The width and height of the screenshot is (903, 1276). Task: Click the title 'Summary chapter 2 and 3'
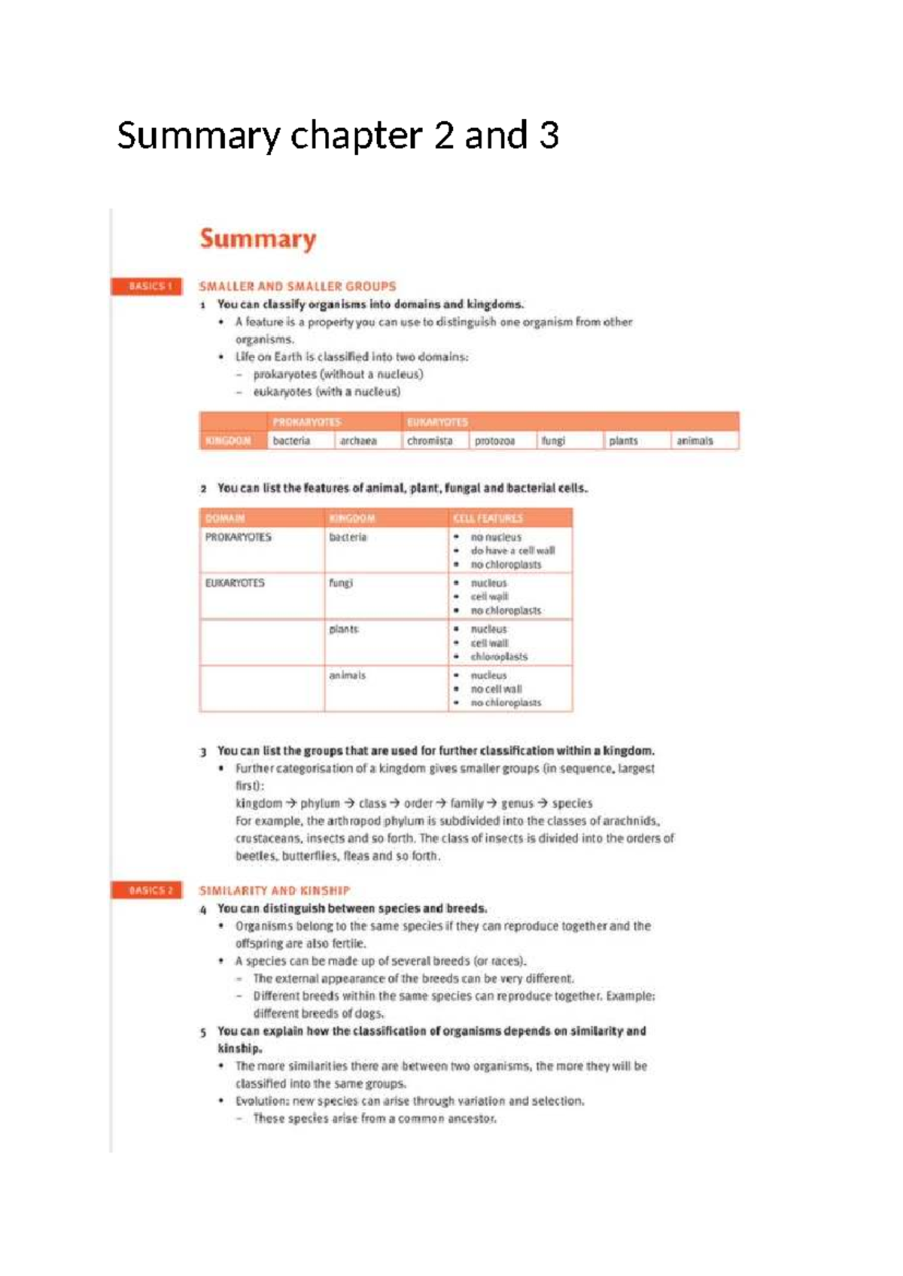tap(338, 136)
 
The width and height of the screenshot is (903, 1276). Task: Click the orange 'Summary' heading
tap(258, 239)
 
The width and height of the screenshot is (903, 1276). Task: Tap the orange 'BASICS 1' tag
tap(147, 287)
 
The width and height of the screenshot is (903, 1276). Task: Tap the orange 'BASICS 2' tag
tap(147, 891)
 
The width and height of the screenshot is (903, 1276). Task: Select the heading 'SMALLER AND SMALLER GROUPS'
tap(297, 287)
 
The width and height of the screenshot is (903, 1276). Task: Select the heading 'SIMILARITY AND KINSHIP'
tap(275, 891)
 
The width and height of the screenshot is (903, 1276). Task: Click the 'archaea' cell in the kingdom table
tap(358, 441)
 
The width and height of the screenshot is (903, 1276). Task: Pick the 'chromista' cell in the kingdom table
tap(430, 441)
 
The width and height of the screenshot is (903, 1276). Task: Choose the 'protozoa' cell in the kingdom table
tap(495, 441)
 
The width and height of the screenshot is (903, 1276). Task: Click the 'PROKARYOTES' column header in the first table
tap(307, 422)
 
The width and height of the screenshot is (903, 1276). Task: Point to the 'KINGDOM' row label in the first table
tap(228, 441)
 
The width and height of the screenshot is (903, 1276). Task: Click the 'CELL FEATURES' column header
tap(488, 518)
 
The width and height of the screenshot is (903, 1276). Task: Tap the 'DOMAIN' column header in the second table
tap(225, 518)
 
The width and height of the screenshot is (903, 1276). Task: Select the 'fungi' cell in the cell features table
tap(341, 583)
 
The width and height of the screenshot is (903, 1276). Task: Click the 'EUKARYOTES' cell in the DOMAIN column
tap(235, 583)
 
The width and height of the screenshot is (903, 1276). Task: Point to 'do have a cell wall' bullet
tap(513, 551)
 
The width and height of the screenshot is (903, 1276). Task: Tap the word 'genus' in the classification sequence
tap(517, 804)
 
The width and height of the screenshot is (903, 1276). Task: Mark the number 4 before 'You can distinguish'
tap(203, 910)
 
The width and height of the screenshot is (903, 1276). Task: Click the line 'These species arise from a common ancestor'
tap(375, 1119)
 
